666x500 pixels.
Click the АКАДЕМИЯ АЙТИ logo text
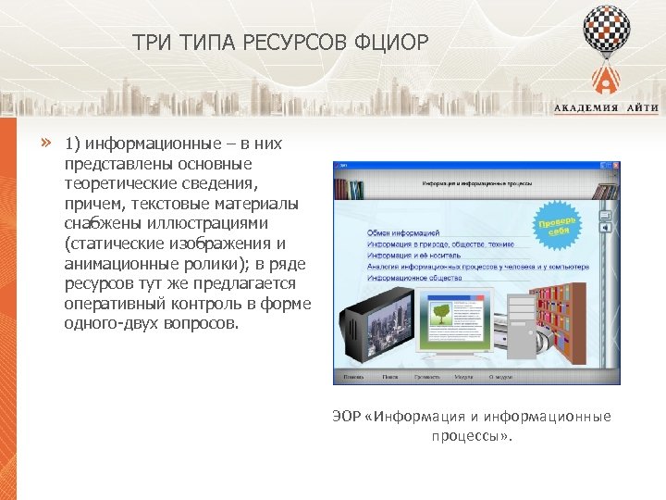(x=606, y=108)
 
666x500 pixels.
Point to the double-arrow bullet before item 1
(x=43, y=143)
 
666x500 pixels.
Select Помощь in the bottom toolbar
(x=353, y=377)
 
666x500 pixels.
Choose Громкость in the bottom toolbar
(x=426, y=377)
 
